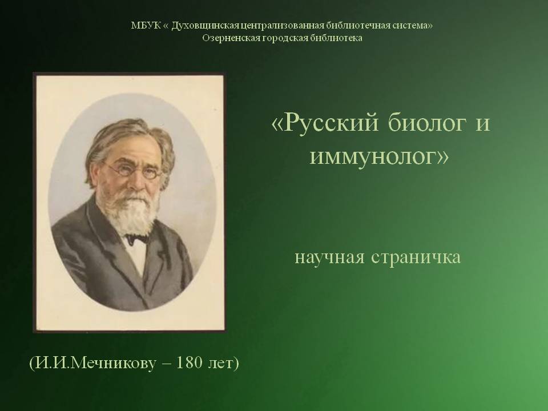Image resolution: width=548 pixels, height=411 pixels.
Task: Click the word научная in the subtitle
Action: coord(329,258)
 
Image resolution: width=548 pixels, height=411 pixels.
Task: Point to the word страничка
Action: coord(416,258)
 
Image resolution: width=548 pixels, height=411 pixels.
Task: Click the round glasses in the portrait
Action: coord(134,171)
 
